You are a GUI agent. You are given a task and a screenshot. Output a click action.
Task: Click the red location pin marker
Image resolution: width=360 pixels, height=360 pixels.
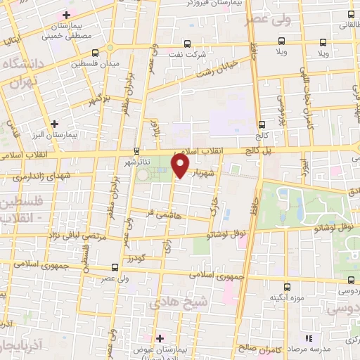pyautogui.click(x=181, y=166)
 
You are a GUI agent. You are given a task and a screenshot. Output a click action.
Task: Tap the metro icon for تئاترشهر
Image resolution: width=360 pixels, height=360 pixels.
pyautogui.click(x=137, y=150)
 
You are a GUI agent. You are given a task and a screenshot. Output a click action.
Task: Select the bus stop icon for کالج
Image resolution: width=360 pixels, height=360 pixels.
pyautogui.click(x=261, y=121)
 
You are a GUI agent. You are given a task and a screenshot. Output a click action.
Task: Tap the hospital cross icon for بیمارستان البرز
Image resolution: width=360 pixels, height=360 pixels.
pyautogui.click(x=55, y=124)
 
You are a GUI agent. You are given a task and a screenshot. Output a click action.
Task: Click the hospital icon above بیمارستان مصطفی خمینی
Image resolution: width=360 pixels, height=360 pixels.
pyautogui.click(x=67, y=15)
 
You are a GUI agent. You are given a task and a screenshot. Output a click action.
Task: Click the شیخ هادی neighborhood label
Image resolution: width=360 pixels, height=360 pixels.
pyautogui.click(x=172, y=304)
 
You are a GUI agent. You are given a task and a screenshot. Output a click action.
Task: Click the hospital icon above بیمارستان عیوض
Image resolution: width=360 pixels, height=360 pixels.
pyautogui.click(x=160, y=338)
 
